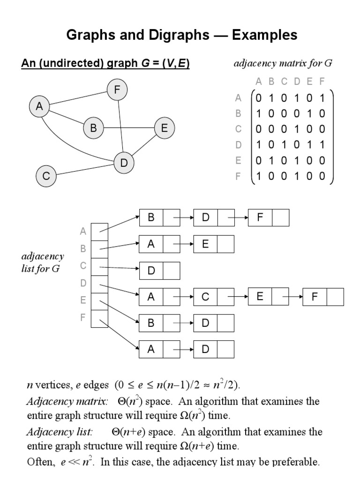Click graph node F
(x=117, y=90)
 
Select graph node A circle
(x=39, y=107)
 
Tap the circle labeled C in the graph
(x=46, y=176)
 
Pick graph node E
(x=164, y=128)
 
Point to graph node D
(x=124, y=163)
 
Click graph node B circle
(x=93, y=128)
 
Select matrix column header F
(x=322, y=82)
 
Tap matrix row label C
(x=238, y=129)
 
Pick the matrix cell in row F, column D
(x=297, y=177)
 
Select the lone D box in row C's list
(x=151, y=271)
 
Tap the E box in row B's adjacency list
(x=205, y=244)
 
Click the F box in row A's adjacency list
(x=260, y=217)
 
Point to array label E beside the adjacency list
(x=83, y=300)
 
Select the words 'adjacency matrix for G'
(x=283, y=63)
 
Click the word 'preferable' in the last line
(x=297, y=462)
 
